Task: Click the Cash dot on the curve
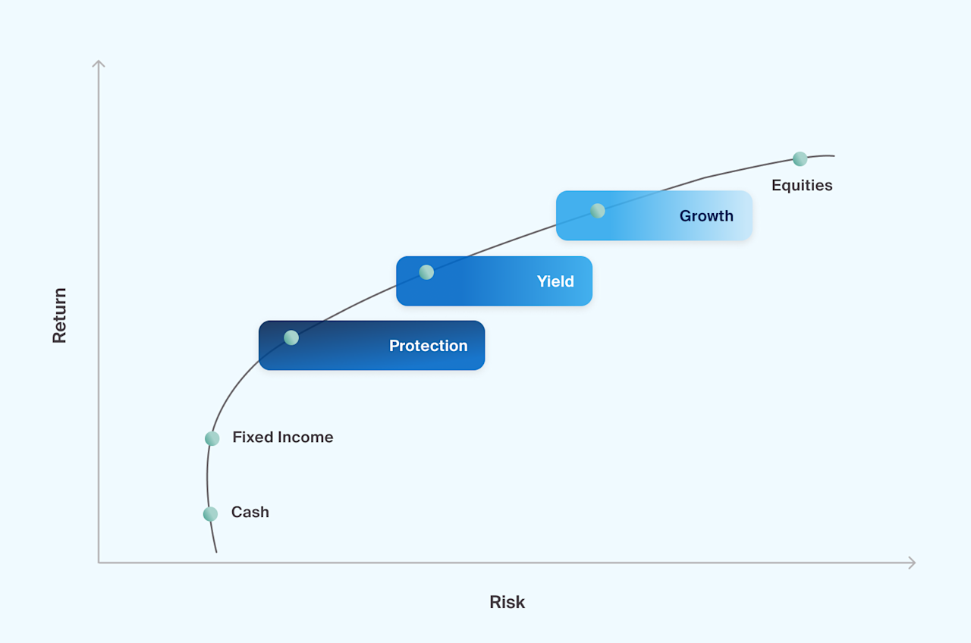click(x=210, y=514)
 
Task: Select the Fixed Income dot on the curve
click(x=212, y=438)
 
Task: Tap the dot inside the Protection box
click(x=291, y=337)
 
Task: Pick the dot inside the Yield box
click(x=426, y=272)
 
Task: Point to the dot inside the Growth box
click(x=598, y=211)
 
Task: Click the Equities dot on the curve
click(x=800, y=159)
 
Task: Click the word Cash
click(x=250, y=513)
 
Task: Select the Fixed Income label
click(x=282, y=438)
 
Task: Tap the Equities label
click(x=802, y=186)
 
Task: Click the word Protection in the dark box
click(x=428, y=346)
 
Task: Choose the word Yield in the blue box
click(x=555, y=281)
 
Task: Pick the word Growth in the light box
click(x=706, y=216)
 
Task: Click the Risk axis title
click(x=507, y=602)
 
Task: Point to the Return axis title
click(x=60, y=315)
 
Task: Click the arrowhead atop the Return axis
click(x=99, y=62)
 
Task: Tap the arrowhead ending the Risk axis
click(x=913, y=563)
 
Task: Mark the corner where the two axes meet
click(x=99, y=563)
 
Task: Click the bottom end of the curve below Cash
click(x=216, y=551)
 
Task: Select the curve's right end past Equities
click(x=833, y=155)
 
